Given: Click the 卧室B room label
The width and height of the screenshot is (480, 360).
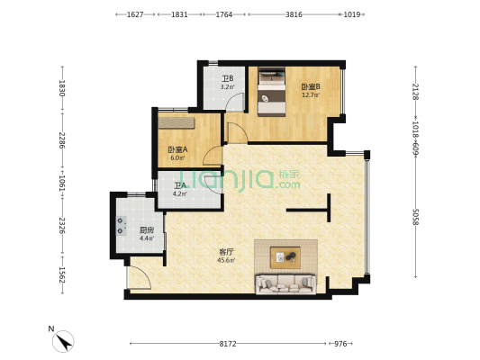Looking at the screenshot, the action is [311, 86].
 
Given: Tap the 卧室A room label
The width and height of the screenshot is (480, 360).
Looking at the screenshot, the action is [177, 149].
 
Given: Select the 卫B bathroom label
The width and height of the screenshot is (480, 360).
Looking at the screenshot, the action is [228, 79].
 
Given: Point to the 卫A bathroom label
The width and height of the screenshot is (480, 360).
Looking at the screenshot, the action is [180, 185].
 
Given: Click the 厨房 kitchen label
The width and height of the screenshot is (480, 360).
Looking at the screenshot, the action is [147, 230].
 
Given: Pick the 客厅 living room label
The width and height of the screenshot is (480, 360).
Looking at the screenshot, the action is [226, 252].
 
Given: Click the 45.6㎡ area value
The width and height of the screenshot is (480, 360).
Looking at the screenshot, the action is [226, 261].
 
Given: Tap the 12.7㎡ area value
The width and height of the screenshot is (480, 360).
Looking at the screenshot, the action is [311, 95].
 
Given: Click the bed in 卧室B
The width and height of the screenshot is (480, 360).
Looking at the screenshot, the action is [272, 92].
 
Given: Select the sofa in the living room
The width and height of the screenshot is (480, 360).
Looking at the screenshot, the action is [285, 284].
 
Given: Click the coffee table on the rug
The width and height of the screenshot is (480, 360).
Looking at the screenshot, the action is [285, 257].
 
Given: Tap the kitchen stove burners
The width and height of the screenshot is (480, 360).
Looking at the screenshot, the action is [122, 225].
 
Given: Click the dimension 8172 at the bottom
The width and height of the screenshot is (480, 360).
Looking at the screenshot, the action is [228, 344].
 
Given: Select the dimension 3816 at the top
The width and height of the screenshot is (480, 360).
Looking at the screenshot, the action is [294, 14].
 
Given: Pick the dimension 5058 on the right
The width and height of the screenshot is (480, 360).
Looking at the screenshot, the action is [415, 217].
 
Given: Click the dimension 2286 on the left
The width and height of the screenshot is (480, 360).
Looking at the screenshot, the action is [62, 140].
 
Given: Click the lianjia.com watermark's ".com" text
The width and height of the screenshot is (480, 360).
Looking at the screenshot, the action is [287, 184].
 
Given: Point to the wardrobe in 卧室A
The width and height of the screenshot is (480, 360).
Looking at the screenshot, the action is [177, 123].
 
